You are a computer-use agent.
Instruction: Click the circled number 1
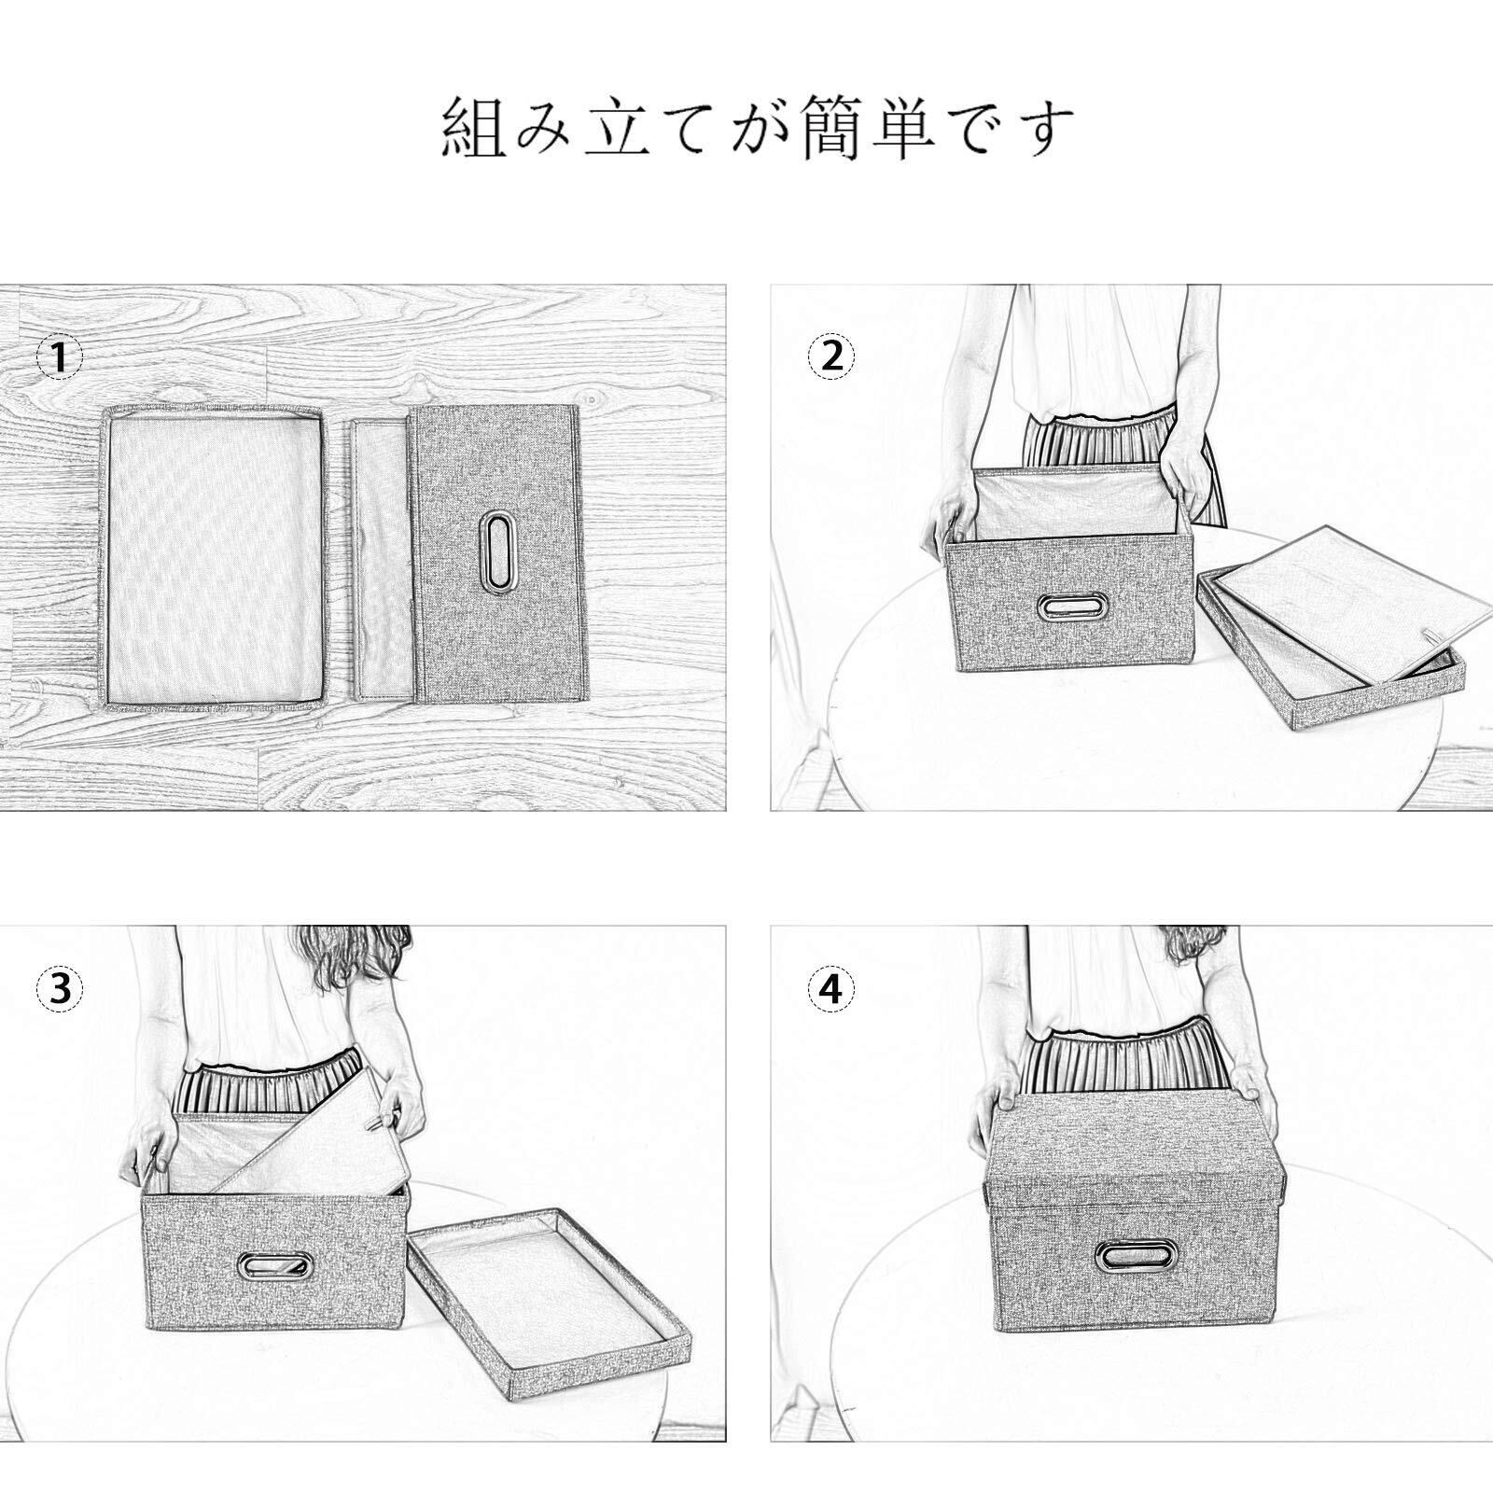60,356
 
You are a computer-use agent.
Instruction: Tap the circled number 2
830,356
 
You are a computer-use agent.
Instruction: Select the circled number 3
60,989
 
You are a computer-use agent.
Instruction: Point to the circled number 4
830,989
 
